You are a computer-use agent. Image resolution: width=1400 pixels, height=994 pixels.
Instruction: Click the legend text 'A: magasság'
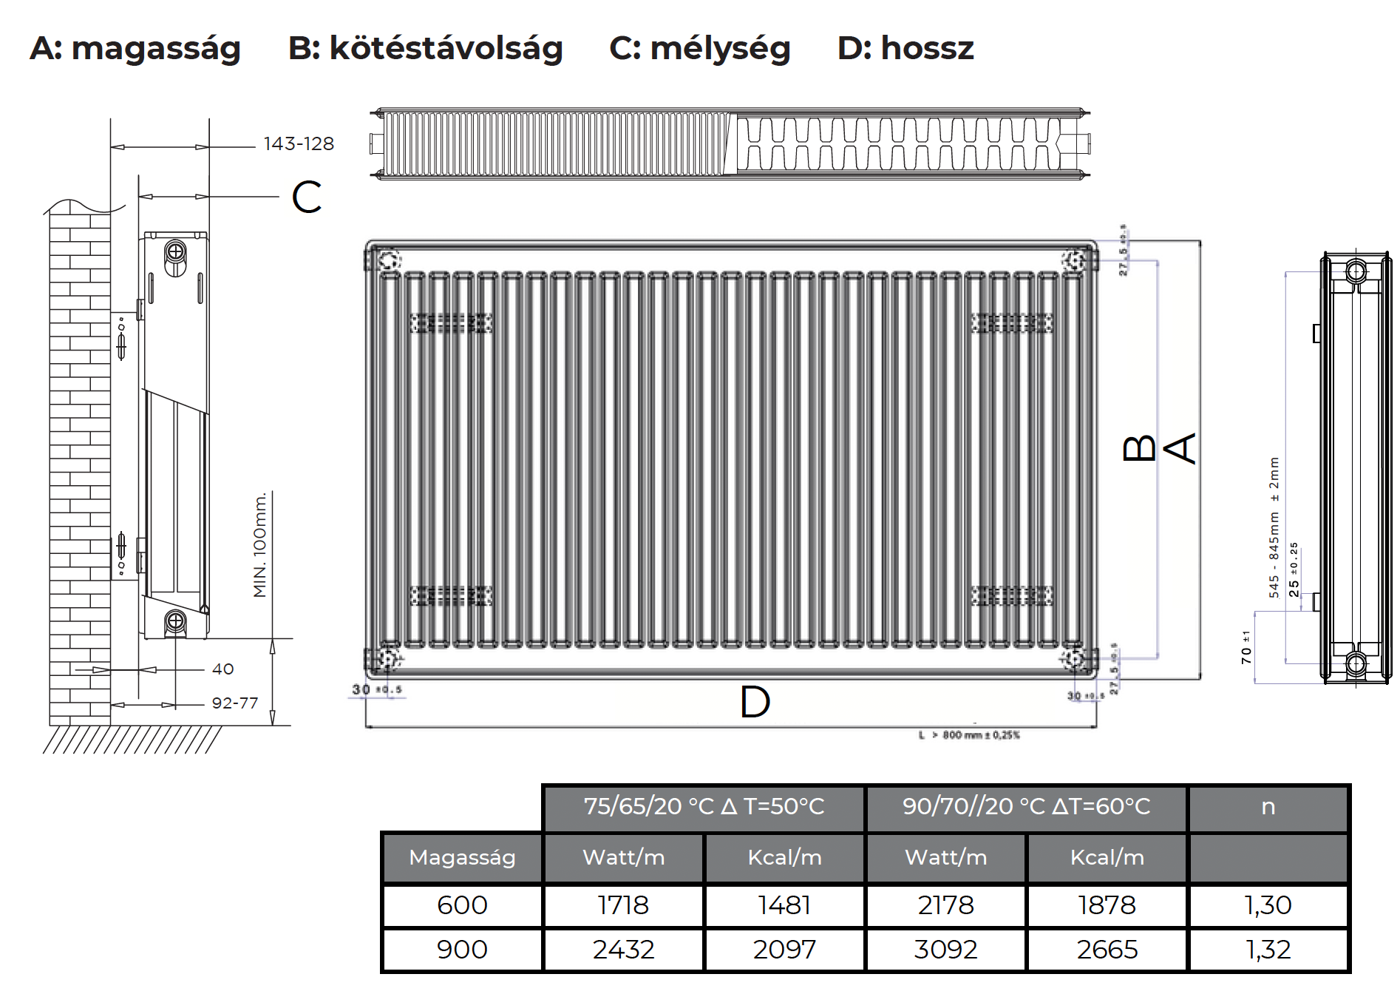pyautogui.click(x=135, y=49)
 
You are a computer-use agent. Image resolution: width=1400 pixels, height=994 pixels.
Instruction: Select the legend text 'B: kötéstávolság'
pyautogui.click(x=425, y=49)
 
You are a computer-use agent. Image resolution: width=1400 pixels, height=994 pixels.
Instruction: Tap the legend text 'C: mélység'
pyautogui.click(x=699, y=49)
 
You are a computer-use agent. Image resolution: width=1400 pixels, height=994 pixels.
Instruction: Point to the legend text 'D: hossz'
pyautogui.click(x=905, y=49)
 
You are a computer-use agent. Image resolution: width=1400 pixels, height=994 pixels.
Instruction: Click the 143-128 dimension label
pyautogui.click(x=299, y=143)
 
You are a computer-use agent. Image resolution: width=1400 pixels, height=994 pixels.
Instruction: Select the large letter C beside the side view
pyautogui.click(x=307, y=197)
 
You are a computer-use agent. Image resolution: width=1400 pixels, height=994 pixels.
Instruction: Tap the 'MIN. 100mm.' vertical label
pyautogui.click(x=260, y=544)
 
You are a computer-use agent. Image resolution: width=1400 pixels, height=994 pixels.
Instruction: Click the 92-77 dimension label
pyautogui.click(x=235, y=703)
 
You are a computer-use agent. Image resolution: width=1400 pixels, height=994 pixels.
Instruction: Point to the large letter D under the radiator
pyautogui.click(x=755, y=702)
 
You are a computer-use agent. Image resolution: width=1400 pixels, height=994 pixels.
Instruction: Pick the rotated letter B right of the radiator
pyautogui.click(x=1139, y=448)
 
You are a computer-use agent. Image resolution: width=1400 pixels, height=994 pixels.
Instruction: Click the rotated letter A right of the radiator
pyautogui.click(x=1180, y=448)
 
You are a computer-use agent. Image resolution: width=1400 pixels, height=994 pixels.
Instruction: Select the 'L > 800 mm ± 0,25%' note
pyautogui.click(x=969, y=735)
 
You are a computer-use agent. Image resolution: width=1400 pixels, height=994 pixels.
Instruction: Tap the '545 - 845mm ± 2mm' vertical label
pyautogui.click(x=1274, y=527)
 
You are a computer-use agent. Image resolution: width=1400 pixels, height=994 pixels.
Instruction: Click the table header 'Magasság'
pyautogui.click(x=462, y=858)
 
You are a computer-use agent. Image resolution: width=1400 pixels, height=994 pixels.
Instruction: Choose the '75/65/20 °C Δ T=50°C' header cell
pyautogui.click(x=704, y=806)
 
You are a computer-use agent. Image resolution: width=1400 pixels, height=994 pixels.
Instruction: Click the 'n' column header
pyautogui.click(x=1268, y=806)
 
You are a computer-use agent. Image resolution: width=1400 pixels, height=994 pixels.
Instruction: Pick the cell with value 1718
pyautogui.click(x=623, y=905)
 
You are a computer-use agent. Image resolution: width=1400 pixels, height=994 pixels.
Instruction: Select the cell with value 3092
pyautogui.click(x=945, y=950)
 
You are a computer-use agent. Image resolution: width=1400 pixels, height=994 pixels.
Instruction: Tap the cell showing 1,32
pyautogui.click(x=1268, y=950)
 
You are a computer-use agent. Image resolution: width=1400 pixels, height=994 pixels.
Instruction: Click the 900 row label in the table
pyautogui.click(x=462, y=950)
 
